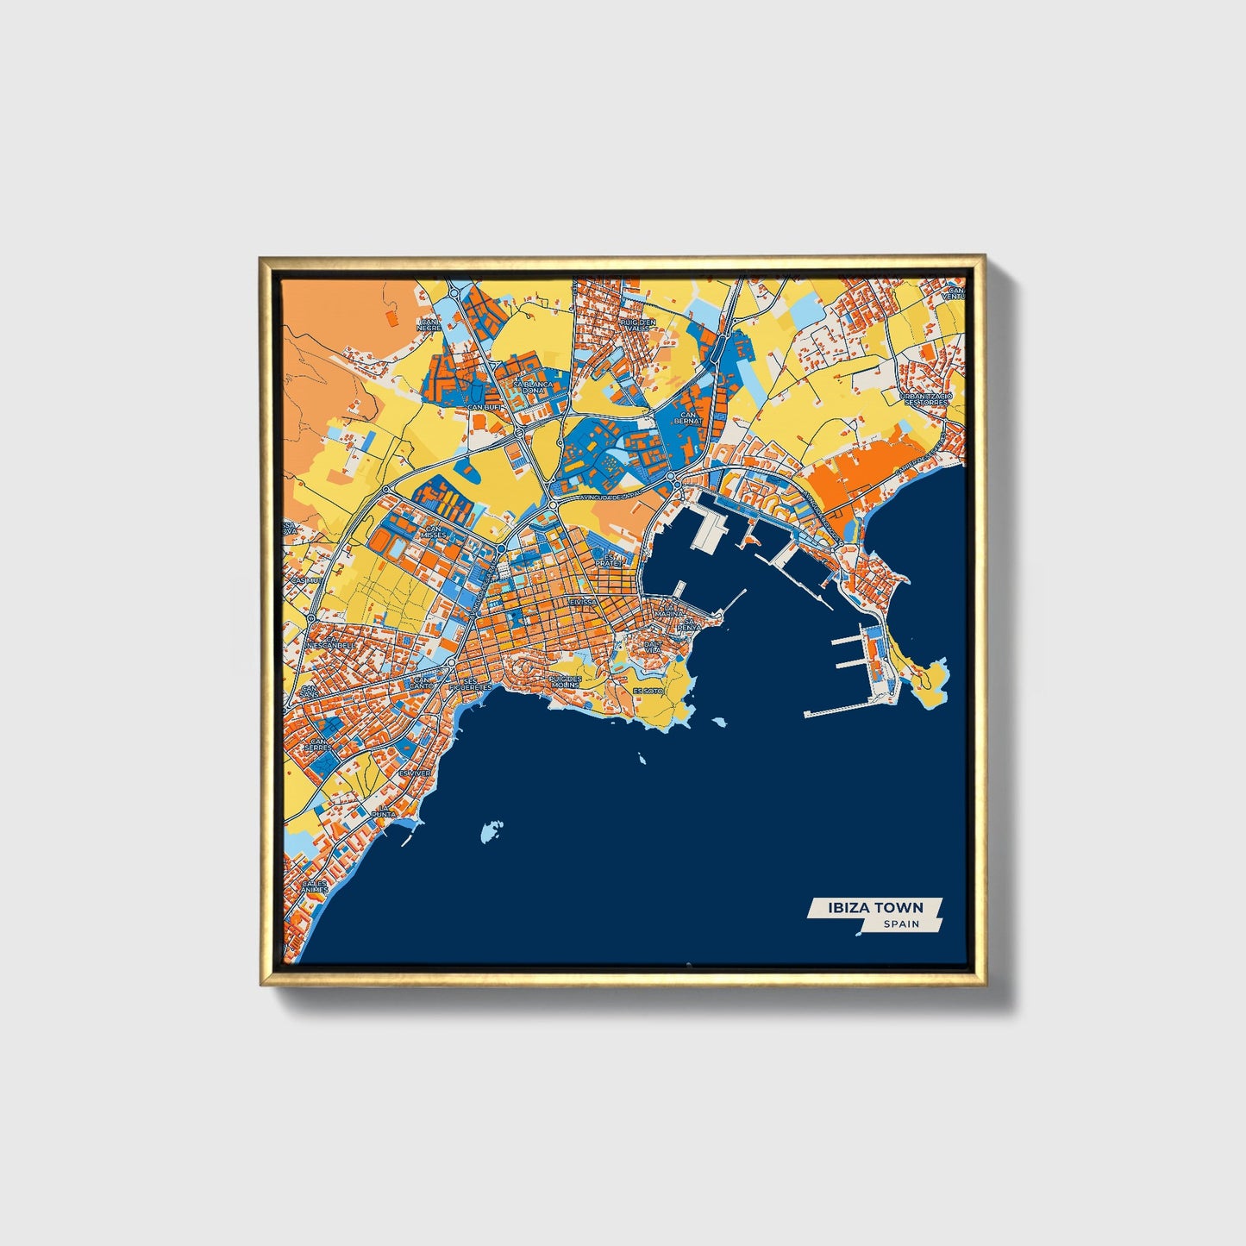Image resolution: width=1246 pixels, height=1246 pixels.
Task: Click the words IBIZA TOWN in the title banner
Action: pos(874,907)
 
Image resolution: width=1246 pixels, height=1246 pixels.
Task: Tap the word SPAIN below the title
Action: pos(901,924)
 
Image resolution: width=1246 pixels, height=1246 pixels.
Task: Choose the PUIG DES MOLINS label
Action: pos(566,681)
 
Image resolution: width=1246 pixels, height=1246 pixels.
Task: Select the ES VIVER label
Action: pos(414,773)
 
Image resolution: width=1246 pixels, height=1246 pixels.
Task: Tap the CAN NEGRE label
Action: pos(429,325)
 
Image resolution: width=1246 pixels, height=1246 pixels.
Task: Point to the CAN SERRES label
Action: pos(321,744)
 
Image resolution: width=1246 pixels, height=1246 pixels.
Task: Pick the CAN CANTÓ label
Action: pos(423,682)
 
